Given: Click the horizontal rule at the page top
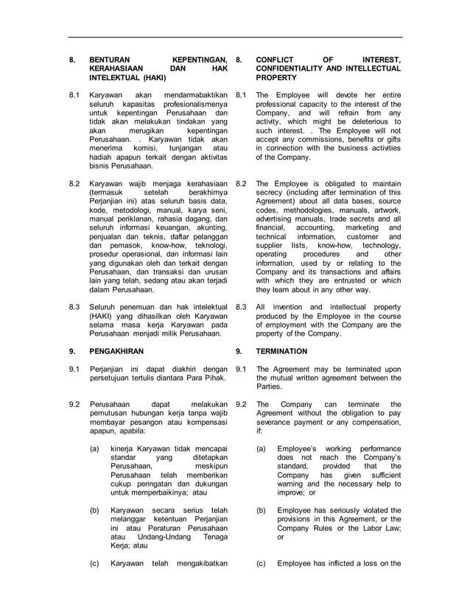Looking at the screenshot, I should tap(235, 37).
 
